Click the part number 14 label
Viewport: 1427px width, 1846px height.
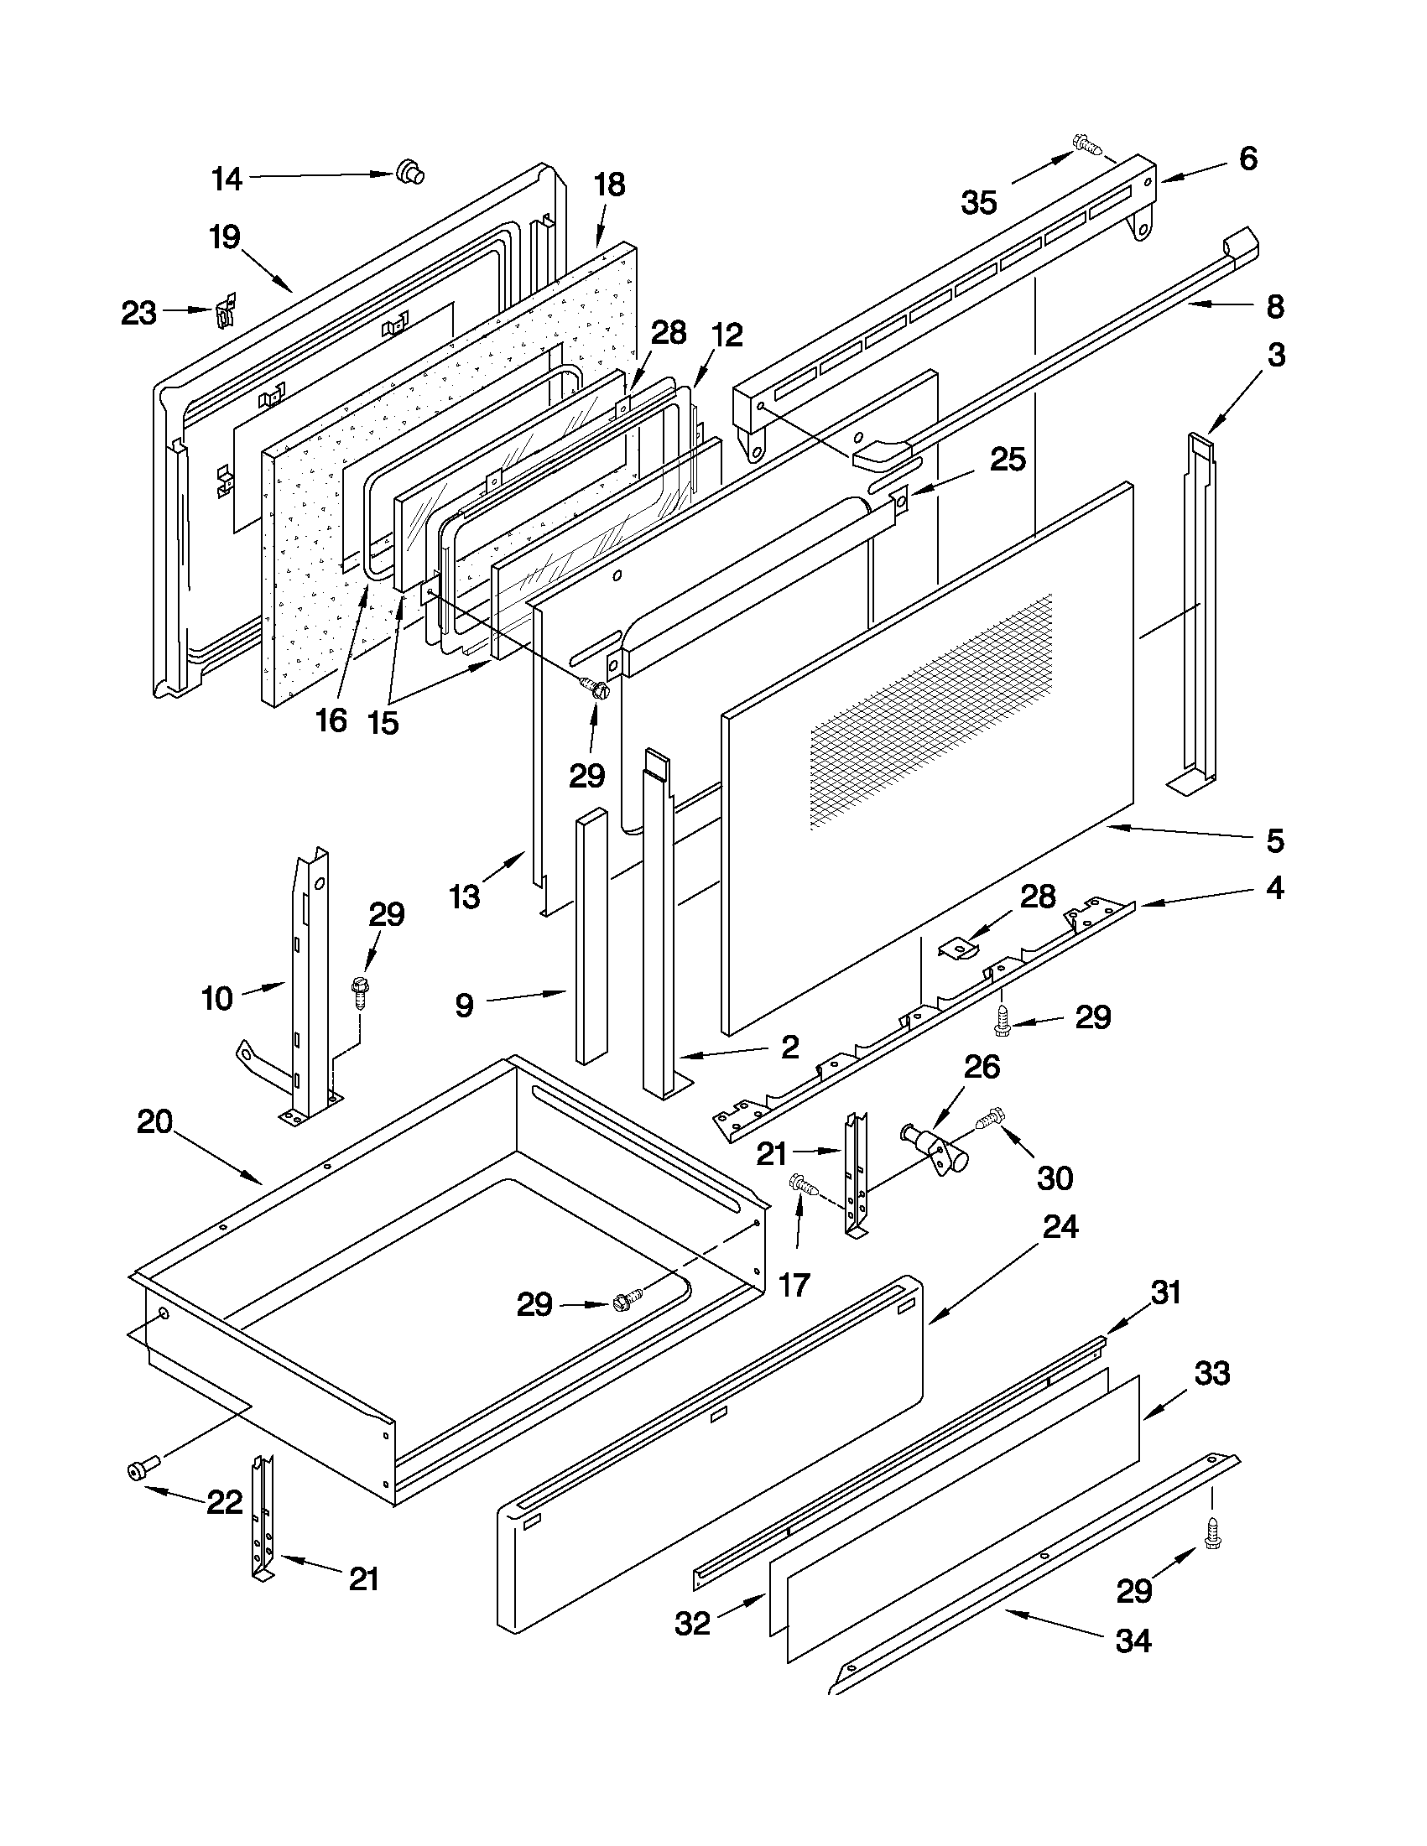coord(227,179)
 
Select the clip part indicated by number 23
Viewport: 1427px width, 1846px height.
coord(225,313)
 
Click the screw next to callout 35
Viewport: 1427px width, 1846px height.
coord(1087,144)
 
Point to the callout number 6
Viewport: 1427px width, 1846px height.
coord(1247,159)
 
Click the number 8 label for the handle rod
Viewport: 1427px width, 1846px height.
coord(1275,306)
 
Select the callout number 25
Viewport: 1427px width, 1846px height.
coord(1008,459)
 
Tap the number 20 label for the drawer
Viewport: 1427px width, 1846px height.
coord(154,1121)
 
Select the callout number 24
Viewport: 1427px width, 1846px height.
coord(1060,1227)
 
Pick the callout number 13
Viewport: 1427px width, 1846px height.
coord(465,896)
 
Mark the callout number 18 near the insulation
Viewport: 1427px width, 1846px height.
coord(610,185)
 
